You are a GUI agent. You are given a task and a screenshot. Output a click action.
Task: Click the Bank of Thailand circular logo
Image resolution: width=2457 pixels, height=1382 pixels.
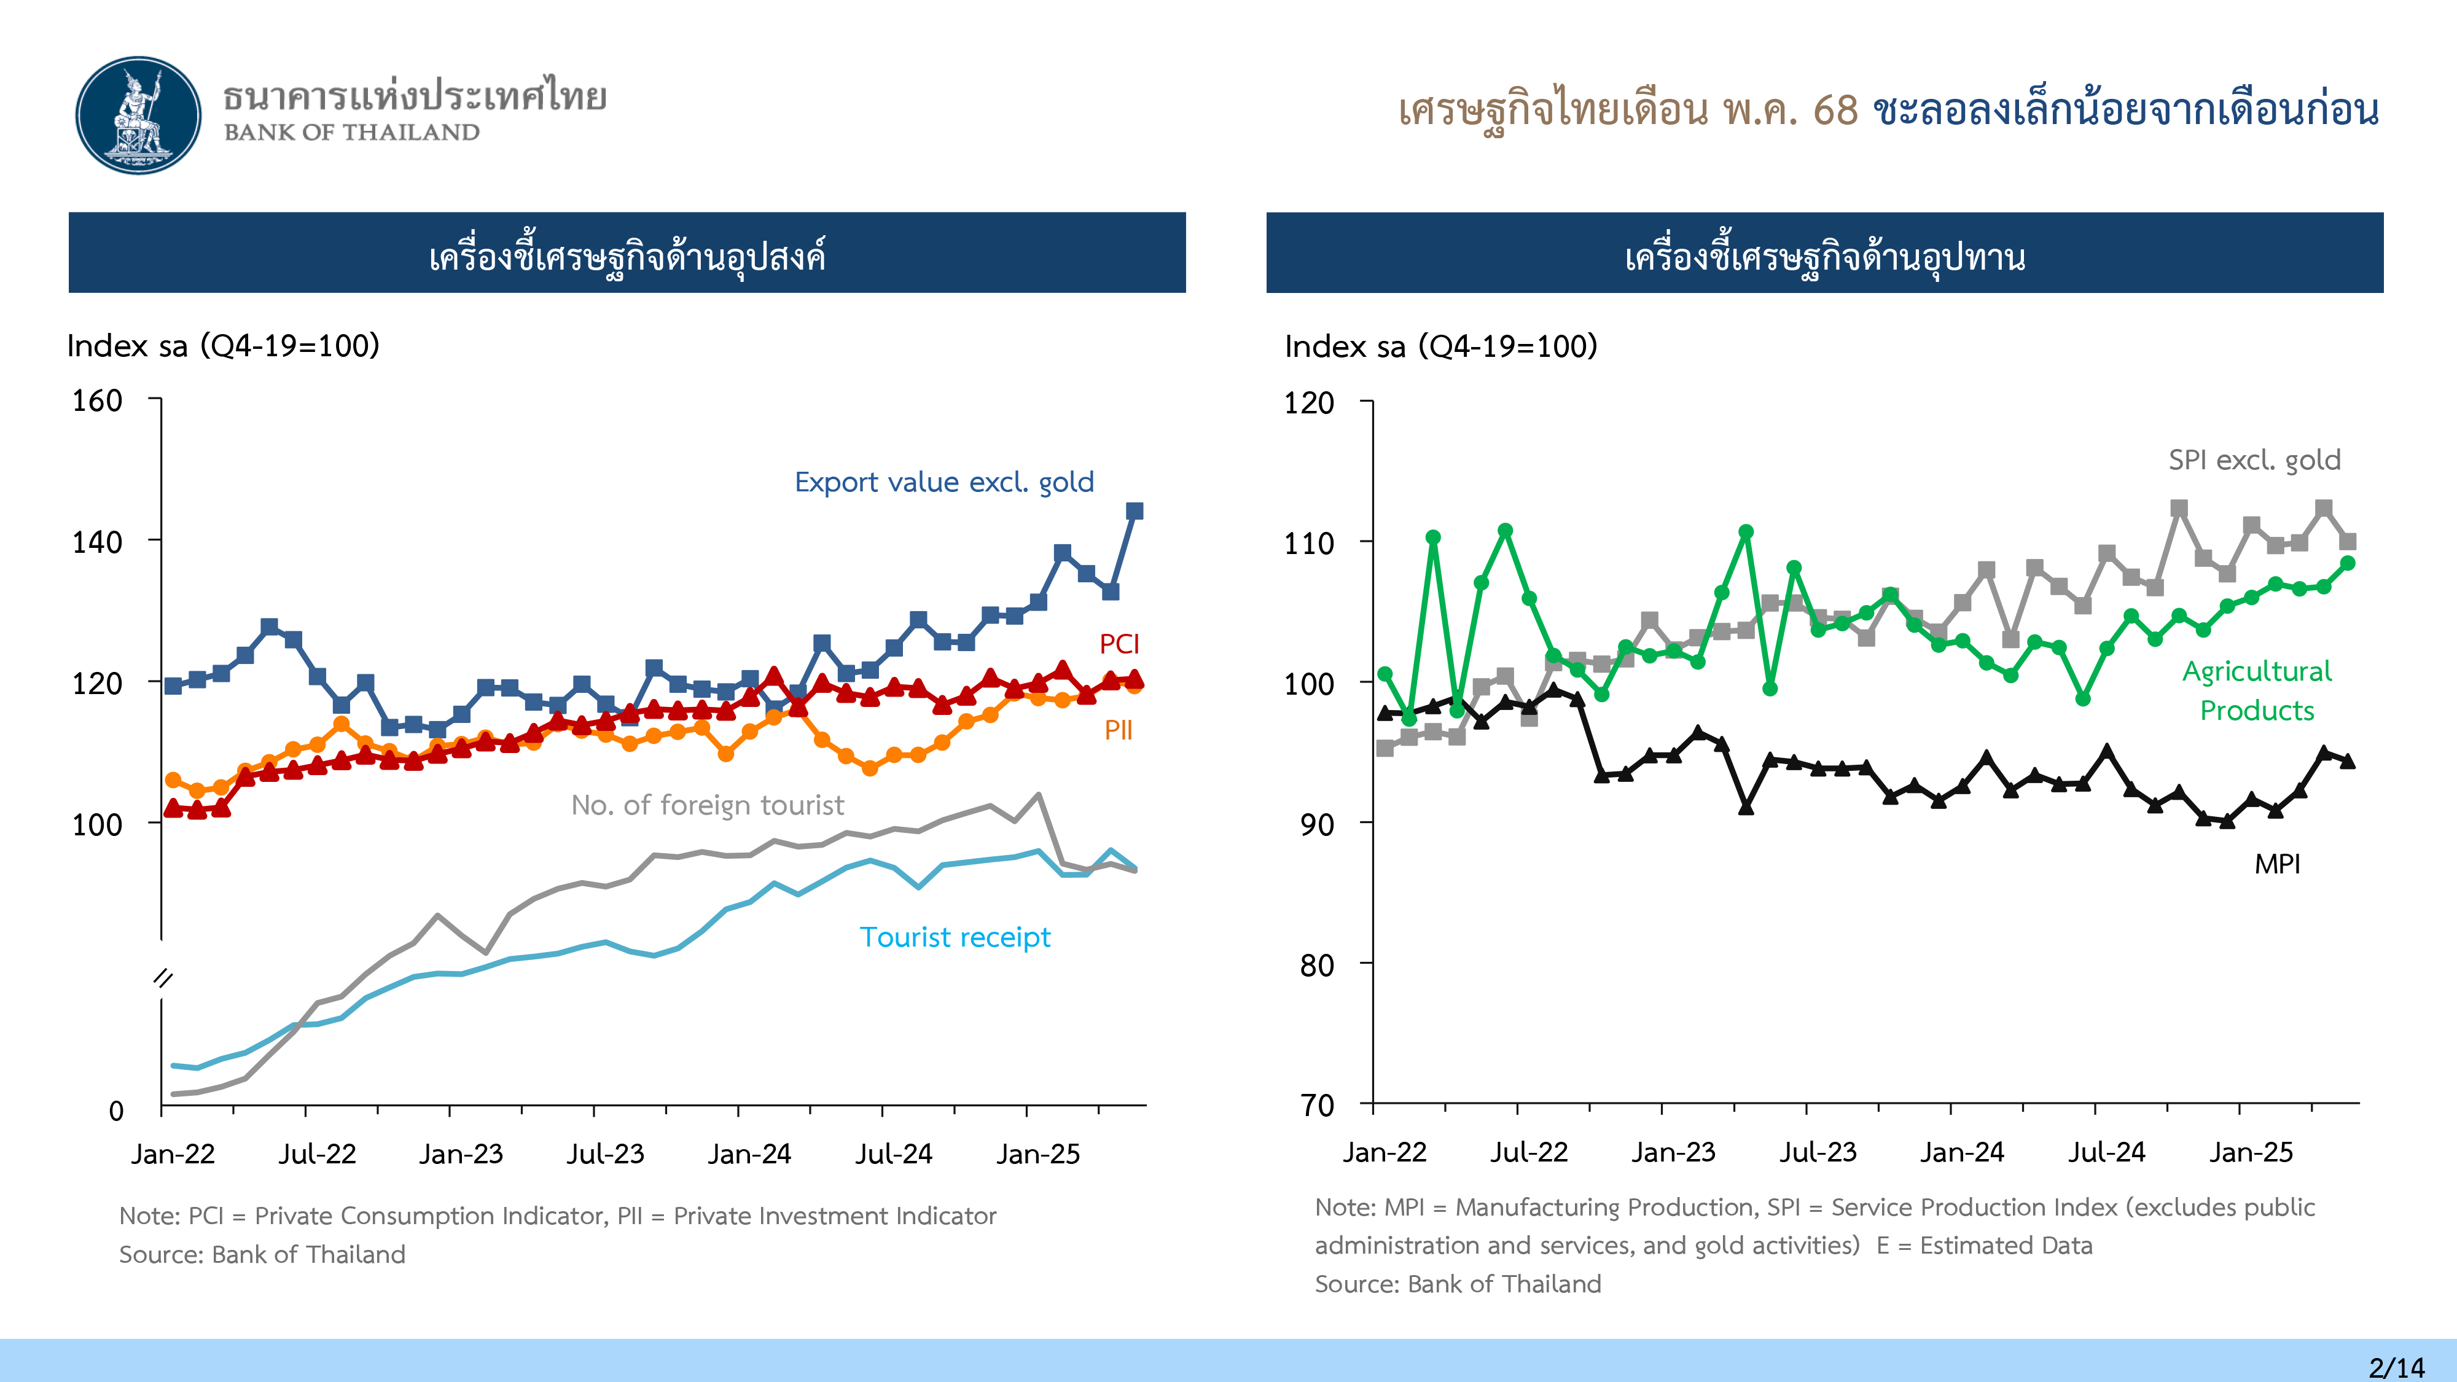pos(139,115)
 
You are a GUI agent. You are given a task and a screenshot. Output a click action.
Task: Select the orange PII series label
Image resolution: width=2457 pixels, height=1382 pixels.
pos(1118,730)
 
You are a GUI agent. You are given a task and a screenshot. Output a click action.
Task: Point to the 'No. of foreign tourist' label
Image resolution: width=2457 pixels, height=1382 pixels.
pos(707,805)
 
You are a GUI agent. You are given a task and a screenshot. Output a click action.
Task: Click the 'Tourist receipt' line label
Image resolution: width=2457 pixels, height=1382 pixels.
pos(955,937)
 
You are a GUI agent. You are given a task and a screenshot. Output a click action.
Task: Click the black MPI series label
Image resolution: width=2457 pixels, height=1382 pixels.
pos(2277,864)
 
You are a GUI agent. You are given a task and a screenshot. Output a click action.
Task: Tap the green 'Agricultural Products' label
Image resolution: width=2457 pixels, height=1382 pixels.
pos(2257,690)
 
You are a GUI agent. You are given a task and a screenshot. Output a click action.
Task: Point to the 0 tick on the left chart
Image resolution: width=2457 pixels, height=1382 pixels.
pos(116,1110)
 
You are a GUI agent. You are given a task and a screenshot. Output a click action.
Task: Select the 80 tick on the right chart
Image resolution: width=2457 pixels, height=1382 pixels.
pos(1317,965)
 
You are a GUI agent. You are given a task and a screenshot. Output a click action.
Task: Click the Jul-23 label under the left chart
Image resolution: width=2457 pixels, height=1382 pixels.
pos(606,1154)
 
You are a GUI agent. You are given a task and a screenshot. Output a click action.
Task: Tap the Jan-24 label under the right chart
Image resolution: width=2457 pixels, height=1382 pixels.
pos(1962,1152)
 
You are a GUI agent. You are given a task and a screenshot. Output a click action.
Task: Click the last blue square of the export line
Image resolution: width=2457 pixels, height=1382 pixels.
pos(1134,511)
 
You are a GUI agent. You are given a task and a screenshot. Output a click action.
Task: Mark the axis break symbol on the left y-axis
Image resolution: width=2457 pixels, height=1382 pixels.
pos(163,978)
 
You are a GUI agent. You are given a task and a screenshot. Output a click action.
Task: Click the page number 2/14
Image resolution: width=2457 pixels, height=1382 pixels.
pos(2396,1367)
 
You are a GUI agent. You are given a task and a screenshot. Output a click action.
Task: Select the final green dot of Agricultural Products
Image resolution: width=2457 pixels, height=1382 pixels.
pos(2347,564)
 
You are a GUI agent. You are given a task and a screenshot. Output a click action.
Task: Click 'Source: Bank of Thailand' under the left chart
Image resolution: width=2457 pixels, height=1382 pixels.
pos(262,1254)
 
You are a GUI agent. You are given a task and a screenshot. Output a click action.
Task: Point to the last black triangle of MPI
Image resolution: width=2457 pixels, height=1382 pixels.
pos(2347,761)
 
